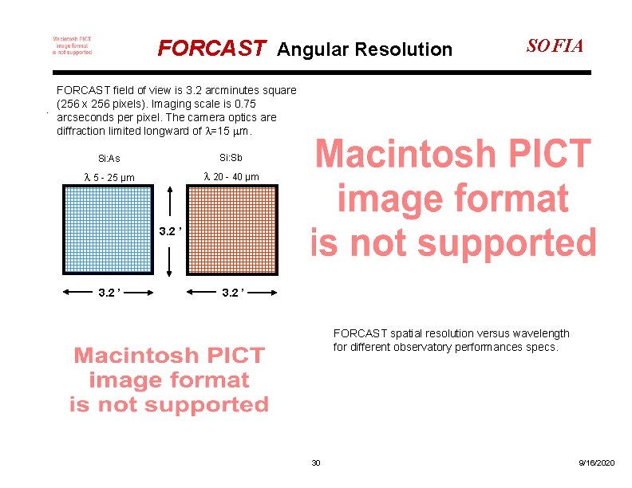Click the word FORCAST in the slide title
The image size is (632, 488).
pos(211,49)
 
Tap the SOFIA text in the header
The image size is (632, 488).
pos(555,45)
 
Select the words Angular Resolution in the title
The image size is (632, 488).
pos(364,50)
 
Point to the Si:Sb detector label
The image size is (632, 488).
pos(231,157)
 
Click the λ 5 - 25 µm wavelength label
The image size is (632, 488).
pos(109,177)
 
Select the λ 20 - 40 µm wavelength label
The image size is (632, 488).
pos(231,176)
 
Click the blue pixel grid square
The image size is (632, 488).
pos(108,230)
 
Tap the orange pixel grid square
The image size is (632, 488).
pos(232,230)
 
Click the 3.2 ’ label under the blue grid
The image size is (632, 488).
pos(109,293)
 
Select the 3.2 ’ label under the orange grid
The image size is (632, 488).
pos(232,293)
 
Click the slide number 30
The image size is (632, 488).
pos(315,463)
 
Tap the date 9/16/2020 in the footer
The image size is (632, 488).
pos(597,463)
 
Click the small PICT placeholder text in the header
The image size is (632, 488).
pos(72,45)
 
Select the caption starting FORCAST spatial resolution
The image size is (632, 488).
pos(451,340)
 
